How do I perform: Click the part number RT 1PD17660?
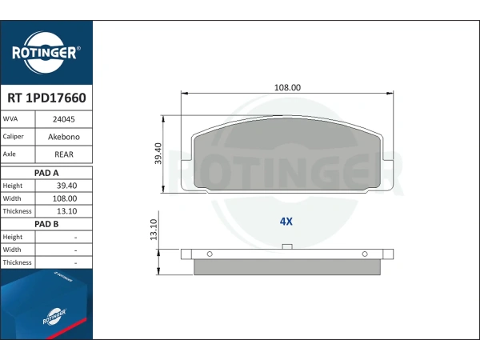click(46, 98)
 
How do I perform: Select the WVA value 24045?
click(64, 119)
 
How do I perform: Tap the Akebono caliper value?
click(64, 137)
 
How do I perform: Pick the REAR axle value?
click(64, 154)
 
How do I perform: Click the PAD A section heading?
click(46, 173)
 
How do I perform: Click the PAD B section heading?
click(46, 224)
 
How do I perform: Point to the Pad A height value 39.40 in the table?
click(66, 186)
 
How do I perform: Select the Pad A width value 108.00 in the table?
click(65, 198)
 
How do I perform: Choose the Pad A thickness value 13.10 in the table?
click(66, 211)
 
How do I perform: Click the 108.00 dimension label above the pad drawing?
click(287, 87)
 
